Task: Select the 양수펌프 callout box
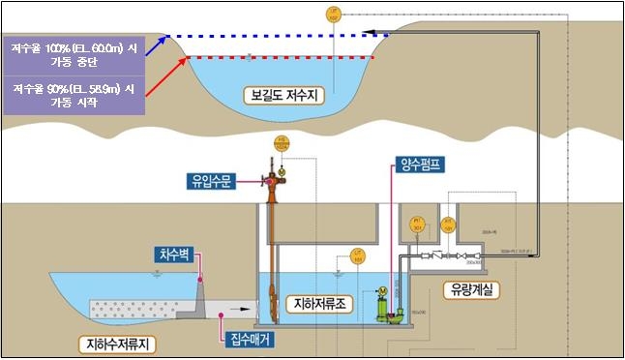coord(419,165)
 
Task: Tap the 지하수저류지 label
coord(118,343)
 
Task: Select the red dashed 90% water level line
coord(281,57)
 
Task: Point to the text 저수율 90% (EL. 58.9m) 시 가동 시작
coord(74,94)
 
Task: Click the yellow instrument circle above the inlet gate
coord(283,145)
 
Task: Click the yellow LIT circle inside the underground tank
coord(357,258)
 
